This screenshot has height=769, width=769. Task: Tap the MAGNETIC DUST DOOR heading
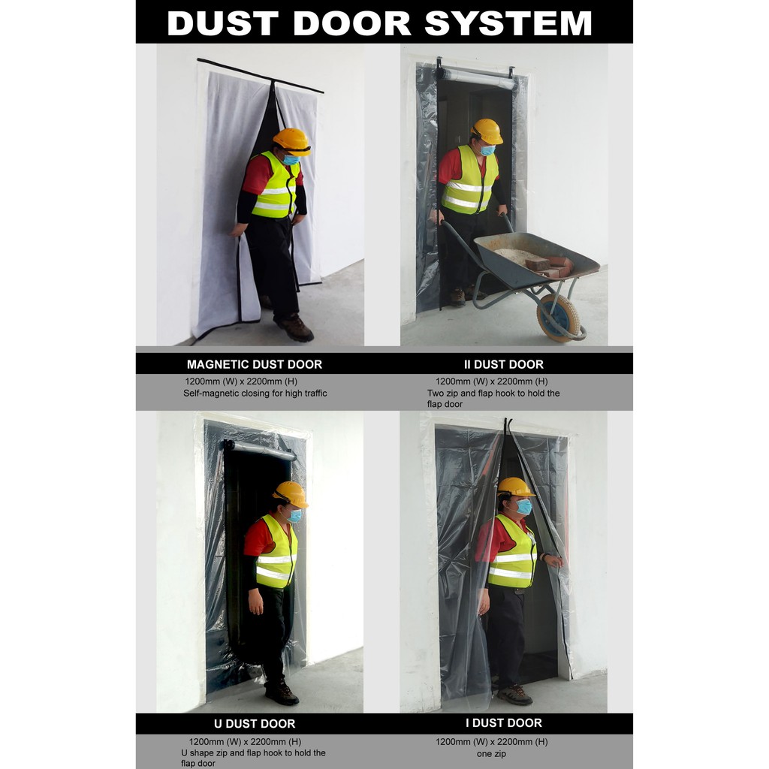click(x=255, y=364)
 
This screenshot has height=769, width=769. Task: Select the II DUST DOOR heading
click(x=503, y=364)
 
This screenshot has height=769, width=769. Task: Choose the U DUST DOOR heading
click(x=255, y=724)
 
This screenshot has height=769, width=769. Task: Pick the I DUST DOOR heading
click(x=504, y=723)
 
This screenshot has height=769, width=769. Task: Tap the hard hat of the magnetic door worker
click(x=292, y=140)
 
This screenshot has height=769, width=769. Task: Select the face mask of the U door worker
click(x=295, y=516)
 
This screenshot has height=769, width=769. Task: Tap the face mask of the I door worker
click(x=523, y=507)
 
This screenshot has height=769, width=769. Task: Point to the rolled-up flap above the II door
click(x=478, y=77)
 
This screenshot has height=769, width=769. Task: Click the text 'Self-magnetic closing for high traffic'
click(x=255, y=393)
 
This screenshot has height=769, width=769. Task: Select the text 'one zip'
click(x=492, y=753)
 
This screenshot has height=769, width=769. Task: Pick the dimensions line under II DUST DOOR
click(x=492, y=381)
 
